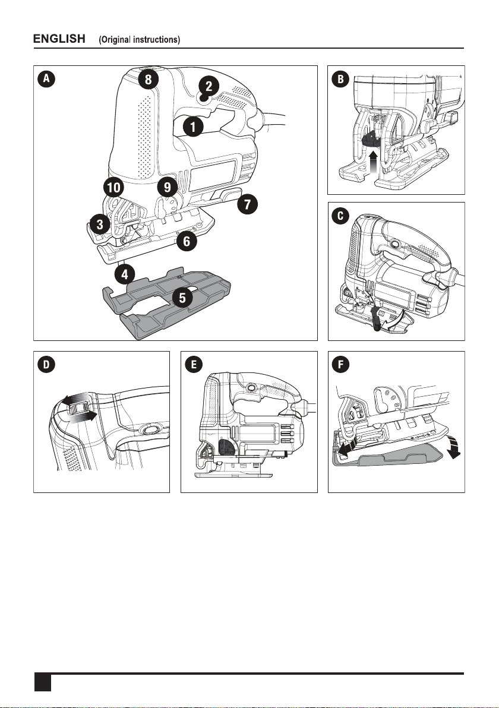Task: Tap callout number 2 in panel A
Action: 209,87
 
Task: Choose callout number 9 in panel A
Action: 168,188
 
